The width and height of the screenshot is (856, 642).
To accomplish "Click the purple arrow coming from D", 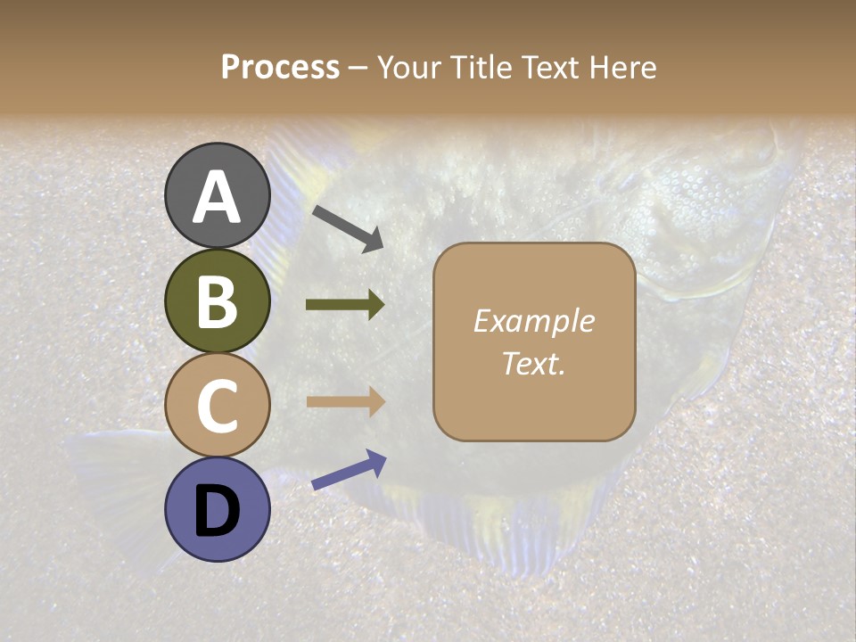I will click(x=349, y=470).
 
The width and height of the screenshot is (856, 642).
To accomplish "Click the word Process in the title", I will click(x=280, y=67).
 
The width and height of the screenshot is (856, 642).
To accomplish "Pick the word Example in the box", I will click(x=533, y=321).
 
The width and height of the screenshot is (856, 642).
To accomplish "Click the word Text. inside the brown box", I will click(x=533, y=363).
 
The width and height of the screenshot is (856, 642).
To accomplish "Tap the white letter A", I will click(x=217, y=197).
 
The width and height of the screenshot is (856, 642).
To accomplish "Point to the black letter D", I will click(x=217, y=511).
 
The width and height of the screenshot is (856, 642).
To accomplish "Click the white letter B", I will click(x=217, y=301).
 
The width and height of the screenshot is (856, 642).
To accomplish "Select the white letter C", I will click(x=217, y=406).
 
